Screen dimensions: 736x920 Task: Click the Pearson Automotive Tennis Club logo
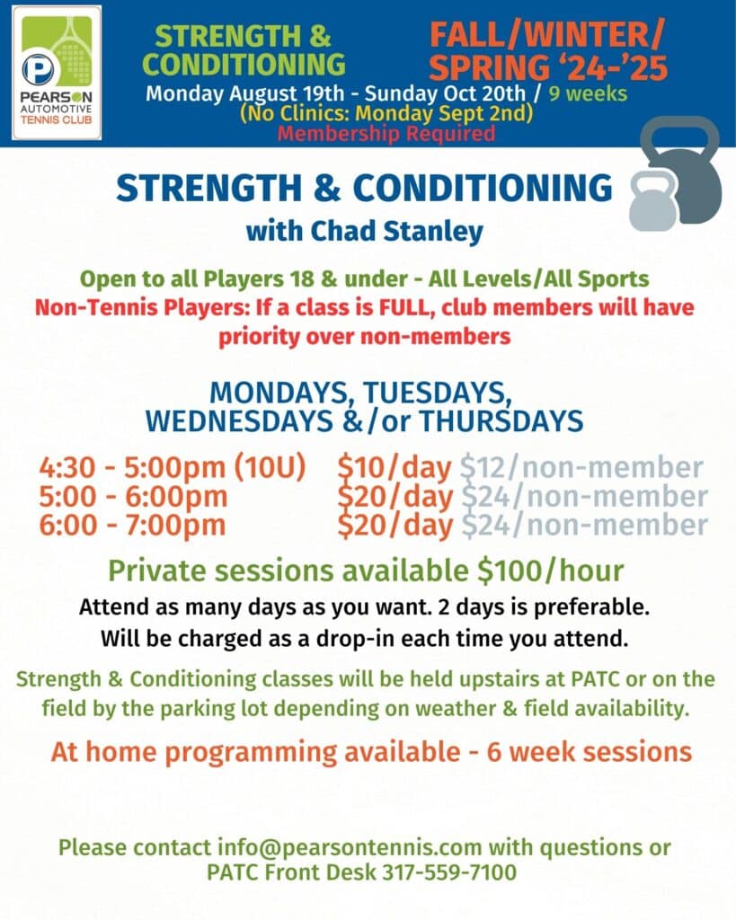(x=57, y=73)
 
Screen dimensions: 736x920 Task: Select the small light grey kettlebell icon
(x=652, y=200)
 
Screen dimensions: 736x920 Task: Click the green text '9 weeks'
(x=588, y=93)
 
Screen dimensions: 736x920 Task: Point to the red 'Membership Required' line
(x=386, y=133)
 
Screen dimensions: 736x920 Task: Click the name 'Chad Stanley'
(x=397, y=231)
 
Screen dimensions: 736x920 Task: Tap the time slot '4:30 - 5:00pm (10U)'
(x=173, y=467)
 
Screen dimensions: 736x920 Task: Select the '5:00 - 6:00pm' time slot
(x=133, y=496)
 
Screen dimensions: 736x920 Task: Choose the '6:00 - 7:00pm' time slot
(x=133, y=525)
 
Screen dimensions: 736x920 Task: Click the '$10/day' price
(x=395, y=467)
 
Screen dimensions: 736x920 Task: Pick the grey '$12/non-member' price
(x=581, y=467)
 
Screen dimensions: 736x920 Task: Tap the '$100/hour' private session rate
(x=551, y=571)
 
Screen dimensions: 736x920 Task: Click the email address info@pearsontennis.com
(x=350, y=847)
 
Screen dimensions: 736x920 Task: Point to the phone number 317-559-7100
(x=449, y=871)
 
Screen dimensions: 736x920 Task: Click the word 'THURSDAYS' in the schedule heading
(x=501, y=421)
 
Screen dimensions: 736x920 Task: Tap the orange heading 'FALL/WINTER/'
(x=547, y=35)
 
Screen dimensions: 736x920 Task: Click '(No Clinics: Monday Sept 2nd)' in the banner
(x=386, y=113)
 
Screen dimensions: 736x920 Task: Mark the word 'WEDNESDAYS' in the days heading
(x=239, y=421)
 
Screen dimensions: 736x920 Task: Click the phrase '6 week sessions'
(x=590, y=752)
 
